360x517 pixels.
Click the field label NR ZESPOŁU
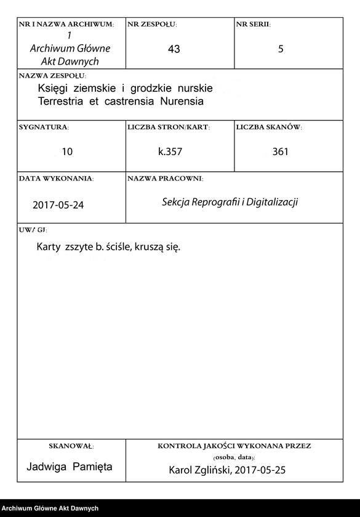click(151, 25)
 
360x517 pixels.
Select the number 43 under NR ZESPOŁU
click(174, 49)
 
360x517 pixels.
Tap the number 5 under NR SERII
click(281, 49)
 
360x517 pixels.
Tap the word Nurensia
click(182, 100)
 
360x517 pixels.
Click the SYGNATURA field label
click(44, 127)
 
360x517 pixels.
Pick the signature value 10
click(67, 151)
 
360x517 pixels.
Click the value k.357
click(170, 151)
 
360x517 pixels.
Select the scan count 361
click(280, 151)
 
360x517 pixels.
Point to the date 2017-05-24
click(58, 206)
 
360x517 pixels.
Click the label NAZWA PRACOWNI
click(165, 178)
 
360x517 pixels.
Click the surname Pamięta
click(92, 467)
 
